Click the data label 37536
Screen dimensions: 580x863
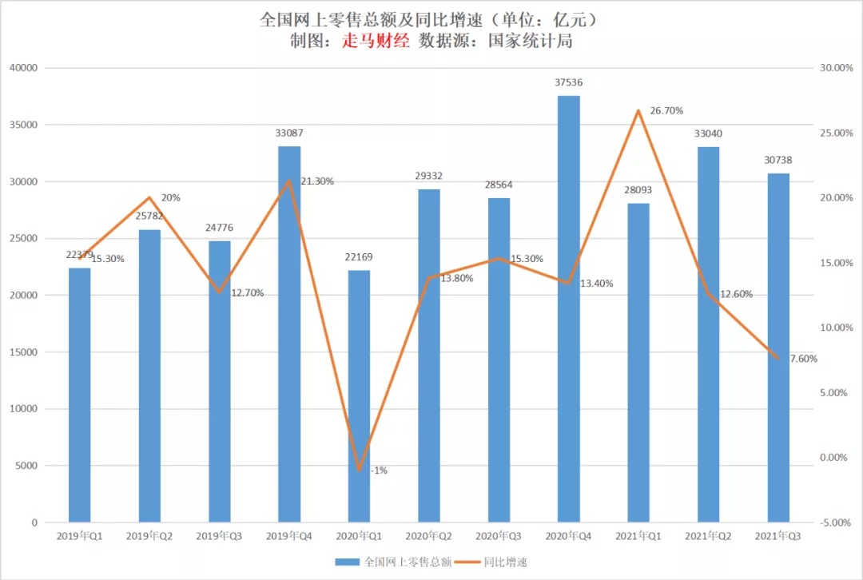click(568, 81)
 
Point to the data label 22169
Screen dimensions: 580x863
click(359, 257)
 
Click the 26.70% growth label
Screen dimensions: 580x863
click(666, 110)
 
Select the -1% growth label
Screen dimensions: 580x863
click(379, 471)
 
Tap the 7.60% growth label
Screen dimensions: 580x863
click(803, 359)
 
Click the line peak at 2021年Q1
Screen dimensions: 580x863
click(638, 110)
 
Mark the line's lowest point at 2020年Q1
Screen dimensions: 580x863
click(359, 470)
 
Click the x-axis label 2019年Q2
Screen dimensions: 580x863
click(149, 538)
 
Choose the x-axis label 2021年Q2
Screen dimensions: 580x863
click(708, 538)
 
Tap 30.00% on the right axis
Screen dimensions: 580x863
click(837, 68)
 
